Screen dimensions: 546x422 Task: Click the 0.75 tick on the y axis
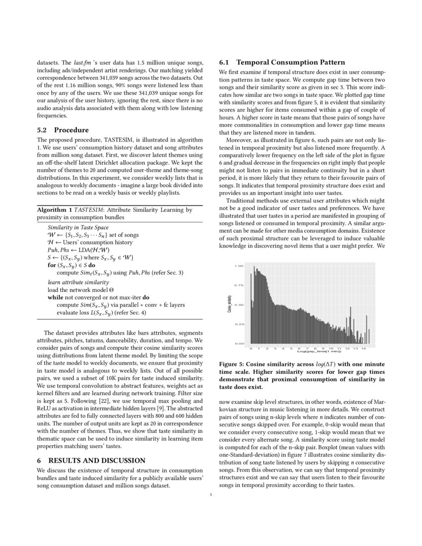[x=240, y=285]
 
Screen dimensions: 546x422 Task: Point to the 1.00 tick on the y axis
[x=240, y=266]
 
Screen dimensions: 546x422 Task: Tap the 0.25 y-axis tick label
[x=240, y=324]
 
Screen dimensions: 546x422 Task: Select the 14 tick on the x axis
[x=364, y=348]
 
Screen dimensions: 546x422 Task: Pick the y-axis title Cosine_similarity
[x=230, y=304]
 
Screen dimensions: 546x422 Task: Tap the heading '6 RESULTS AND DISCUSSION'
[x=91, y=461]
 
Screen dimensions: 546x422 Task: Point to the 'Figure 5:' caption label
[x=234, y=364]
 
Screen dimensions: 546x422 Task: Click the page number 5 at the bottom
[x=211, y=494]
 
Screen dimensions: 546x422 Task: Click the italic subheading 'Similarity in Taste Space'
[x=81, y=227]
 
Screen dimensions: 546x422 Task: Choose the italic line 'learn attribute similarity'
[x=78, y=282]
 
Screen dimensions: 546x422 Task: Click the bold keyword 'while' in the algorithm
[x=56, y=297]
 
